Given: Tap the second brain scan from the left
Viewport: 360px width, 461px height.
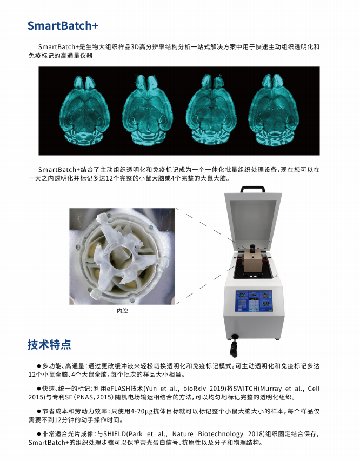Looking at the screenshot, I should click(149, 110).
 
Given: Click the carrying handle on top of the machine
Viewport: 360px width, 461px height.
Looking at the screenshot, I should click(252, 190).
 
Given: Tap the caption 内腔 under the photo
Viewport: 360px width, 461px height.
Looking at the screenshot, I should click(122, 311).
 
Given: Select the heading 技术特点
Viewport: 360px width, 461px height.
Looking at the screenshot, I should click(49, 344).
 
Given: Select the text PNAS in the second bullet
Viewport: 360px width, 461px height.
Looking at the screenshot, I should click(88, 397).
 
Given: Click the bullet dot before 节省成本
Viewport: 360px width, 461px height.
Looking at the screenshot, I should click(38, 411).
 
